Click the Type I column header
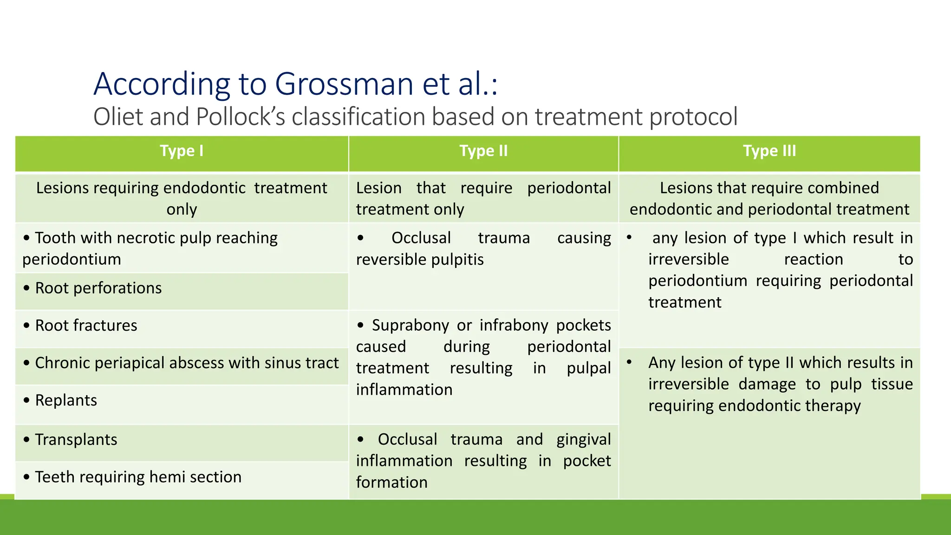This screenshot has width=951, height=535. pyautogui.click(x=182, y=151)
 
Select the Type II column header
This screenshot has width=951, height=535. pyautogui.click(x=483, y=151)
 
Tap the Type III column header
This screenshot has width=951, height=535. pyautogui.click(x=769, y=151)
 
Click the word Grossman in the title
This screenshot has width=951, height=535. pyautogui.click(x=344, y=84)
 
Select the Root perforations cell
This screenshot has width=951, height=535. pyautogui.click(x=98, y=288)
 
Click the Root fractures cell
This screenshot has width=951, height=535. pyautogui.click(x=86, y=326)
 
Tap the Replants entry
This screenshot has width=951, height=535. pyautogui.click(x=66, y=400)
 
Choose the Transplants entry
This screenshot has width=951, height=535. pyautogui.click(x=76, y=440)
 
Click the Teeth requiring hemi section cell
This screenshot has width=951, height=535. pyautogui.click(x=138, y=477)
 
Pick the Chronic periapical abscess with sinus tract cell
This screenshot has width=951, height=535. pyautogui.click(x=187, y=363)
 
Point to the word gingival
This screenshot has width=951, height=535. pyautogui.click(x=584, y=439)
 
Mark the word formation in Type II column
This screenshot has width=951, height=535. pyautogui.click(x=392, y=483)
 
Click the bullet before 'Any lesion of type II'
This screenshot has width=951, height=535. pyautogui.click(x=629, y=362)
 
